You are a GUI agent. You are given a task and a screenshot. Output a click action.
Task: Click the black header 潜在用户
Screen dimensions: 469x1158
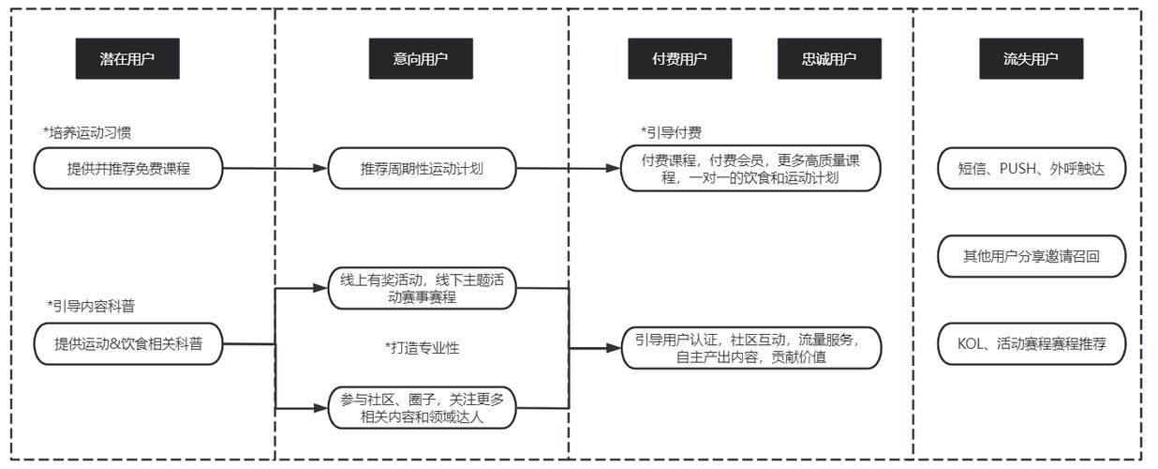point(126,59)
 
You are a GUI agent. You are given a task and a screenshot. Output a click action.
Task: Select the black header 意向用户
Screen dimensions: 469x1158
point(420,59)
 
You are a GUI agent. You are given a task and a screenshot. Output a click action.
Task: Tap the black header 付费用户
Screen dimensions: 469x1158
point(679,59)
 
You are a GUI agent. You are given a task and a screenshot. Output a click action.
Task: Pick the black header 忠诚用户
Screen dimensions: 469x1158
point(829,59)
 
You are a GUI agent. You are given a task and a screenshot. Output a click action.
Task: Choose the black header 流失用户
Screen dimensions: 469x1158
point(1031,59)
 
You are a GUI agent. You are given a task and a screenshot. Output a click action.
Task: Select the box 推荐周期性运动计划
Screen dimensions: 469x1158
point(423,170)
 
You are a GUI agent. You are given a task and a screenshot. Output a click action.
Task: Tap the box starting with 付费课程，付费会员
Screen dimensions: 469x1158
point(750,169)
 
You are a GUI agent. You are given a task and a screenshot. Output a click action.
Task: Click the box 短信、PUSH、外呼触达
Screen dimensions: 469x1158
point(1032,170)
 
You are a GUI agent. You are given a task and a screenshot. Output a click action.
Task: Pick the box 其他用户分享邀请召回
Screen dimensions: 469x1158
point(1032,257)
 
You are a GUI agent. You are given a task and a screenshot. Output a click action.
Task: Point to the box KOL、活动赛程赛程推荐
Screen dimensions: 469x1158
point(1032,344)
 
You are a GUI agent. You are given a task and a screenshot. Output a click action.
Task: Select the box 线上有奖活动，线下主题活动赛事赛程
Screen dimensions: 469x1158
point(423,288)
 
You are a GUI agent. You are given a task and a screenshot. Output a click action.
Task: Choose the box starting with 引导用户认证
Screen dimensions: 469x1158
point(752,347)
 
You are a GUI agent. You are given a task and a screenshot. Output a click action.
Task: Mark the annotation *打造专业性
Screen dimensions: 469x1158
point(422,348)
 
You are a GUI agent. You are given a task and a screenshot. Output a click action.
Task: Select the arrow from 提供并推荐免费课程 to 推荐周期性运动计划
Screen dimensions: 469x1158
point(276,170)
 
